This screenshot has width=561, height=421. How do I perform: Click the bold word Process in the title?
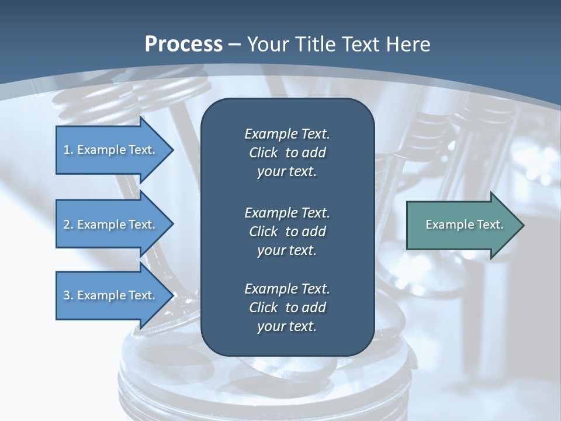[x=183, y=44]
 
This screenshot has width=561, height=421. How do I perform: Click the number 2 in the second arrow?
[x=66, y=225]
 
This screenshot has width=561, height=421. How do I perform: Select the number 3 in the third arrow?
[x=66, y=295]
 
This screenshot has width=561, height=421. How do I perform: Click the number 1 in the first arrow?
[x=66, y=150]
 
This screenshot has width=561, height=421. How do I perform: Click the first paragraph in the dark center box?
[x=287, y=153]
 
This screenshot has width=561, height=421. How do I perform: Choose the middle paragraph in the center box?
[x=287, y=231]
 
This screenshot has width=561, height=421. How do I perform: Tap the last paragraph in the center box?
[x=287, y=308]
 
